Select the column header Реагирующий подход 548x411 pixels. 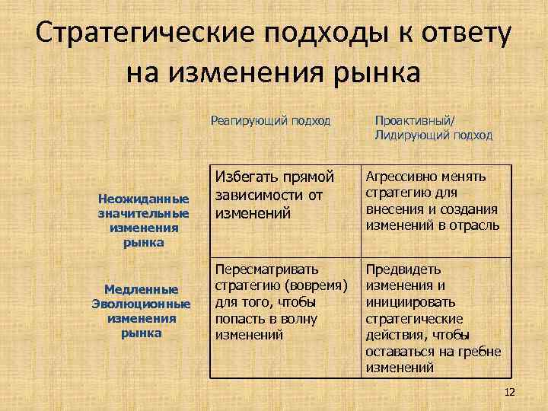[271, 119]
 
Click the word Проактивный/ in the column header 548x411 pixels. [413, 119]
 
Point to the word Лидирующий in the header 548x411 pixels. [409, 135]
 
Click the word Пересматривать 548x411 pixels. [266, 269]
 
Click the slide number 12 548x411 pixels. [509, 391]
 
